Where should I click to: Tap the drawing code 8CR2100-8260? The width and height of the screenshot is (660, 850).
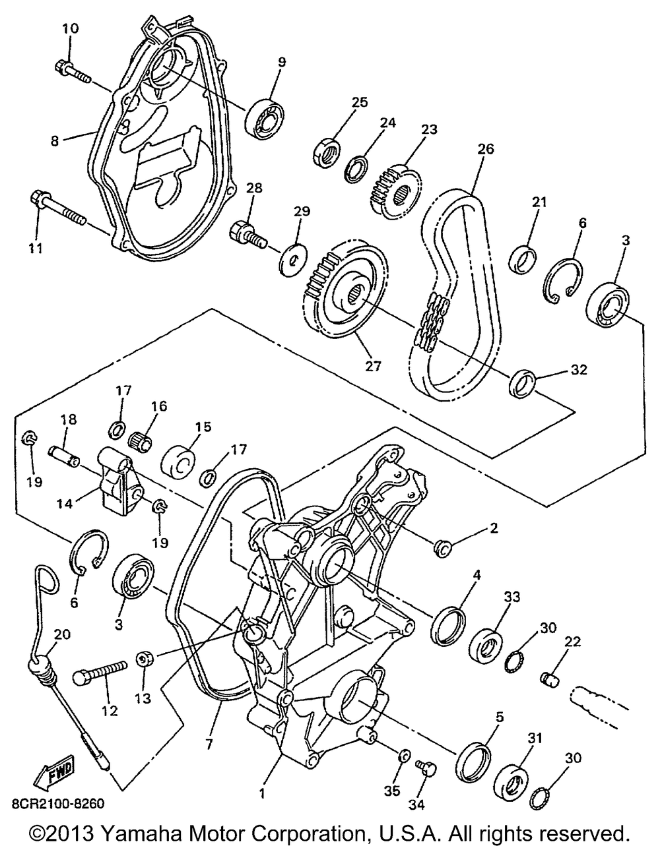pyautogui.click(x=57, y=804)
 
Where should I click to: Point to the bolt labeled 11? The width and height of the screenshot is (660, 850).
pyautogui.click(x=55, y=207)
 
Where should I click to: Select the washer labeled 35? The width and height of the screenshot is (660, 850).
pyautogui.click(x=404, y=754)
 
